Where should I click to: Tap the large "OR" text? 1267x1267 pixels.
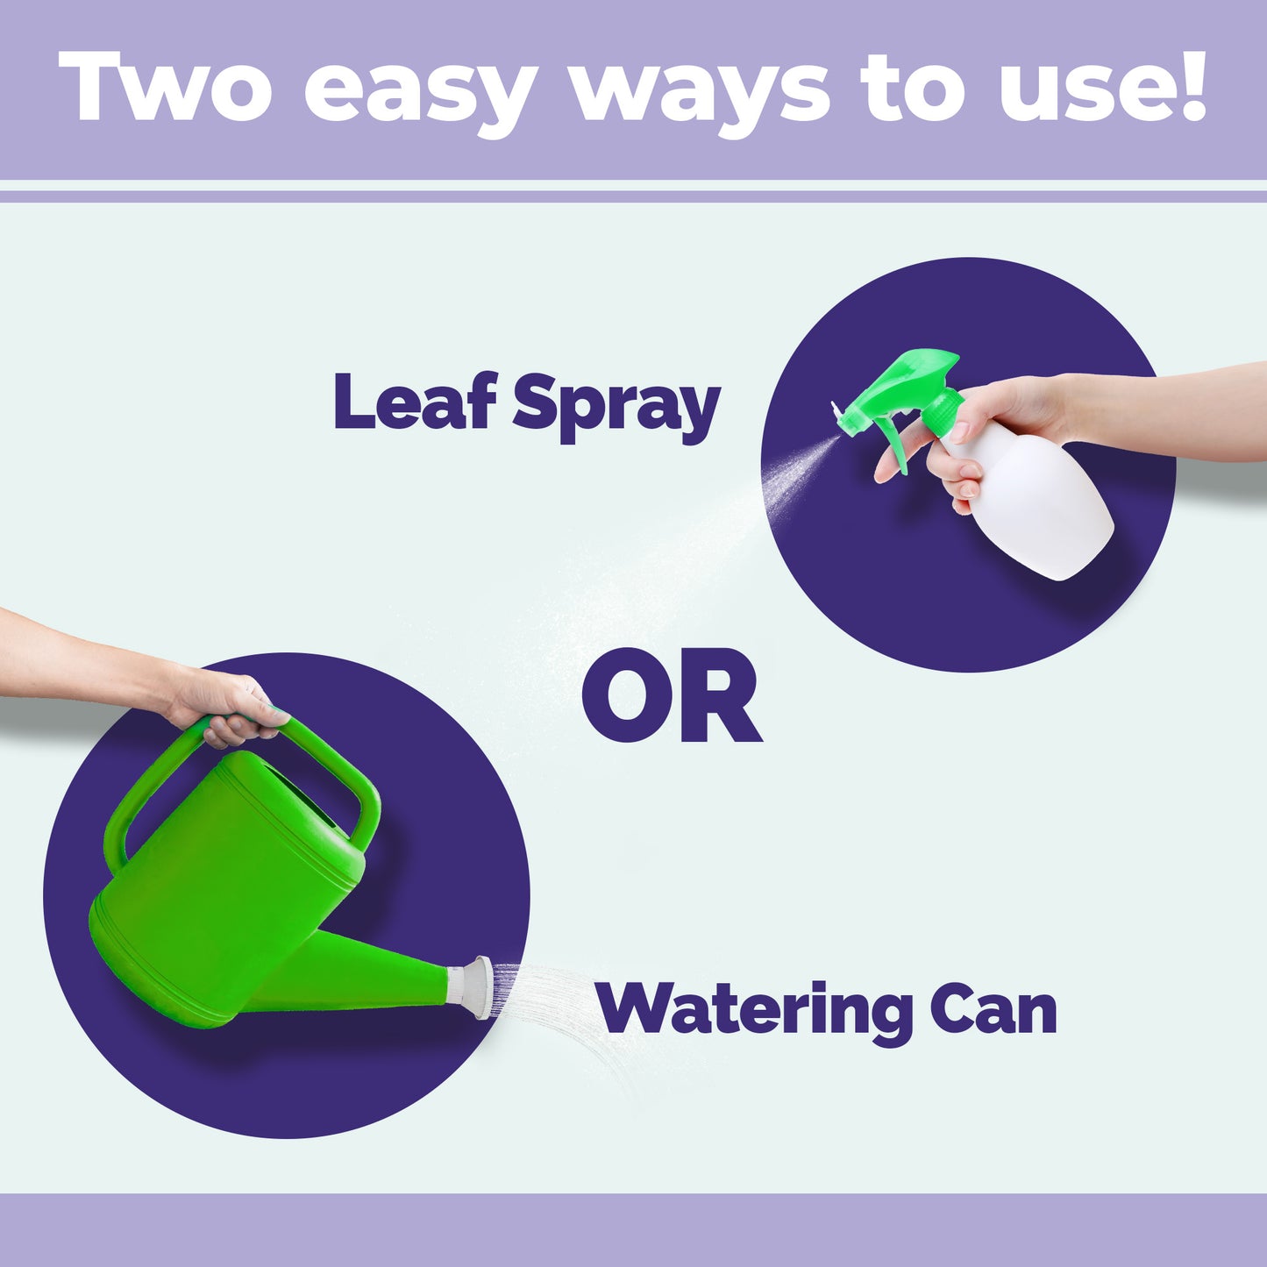pos(671,698)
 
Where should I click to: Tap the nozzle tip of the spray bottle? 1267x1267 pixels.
pos(839,412)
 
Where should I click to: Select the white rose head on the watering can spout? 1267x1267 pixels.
pos(479,987)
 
